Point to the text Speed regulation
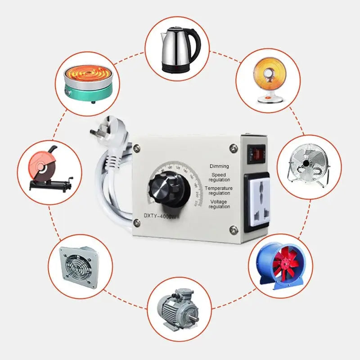(220, 177)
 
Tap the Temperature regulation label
(219, 190)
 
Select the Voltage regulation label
(220, 204)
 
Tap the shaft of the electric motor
(195, 318)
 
